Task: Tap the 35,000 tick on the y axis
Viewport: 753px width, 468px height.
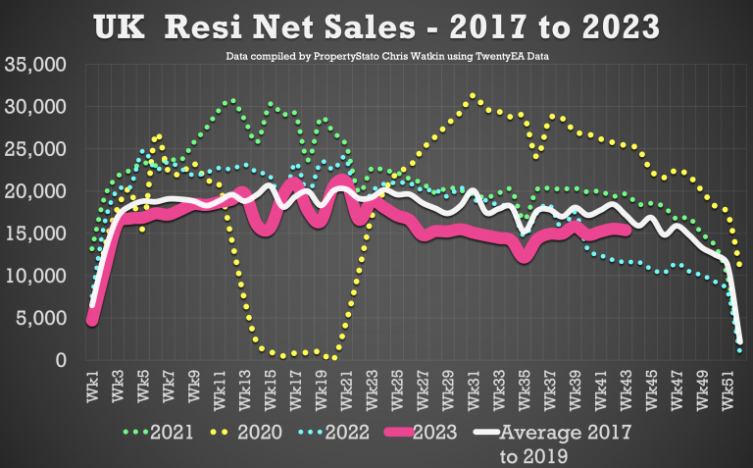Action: coord(35,65)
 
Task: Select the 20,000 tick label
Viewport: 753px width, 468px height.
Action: coord(35,191)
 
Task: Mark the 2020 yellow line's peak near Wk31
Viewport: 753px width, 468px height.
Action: coord(474,95)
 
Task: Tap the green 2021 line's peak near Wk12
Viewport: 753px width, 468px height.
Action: coord(231,100)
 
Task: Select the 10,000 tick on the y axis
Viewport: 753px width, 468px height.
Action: coord(35,277)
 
